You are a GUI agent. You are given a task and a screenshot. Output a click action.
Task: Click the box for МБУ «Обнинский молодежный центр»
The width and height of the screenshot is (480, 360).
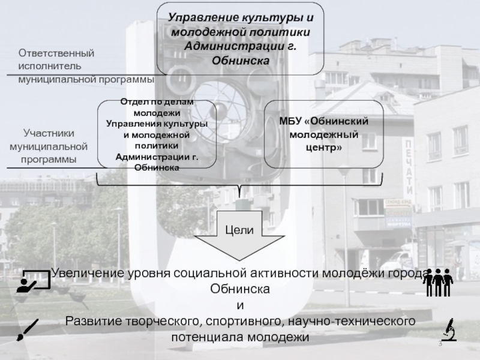coord(323,134)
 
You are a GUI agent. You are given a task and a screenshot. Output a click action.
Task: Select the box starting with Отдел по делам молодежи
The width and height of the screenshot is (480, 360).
coord(157,134)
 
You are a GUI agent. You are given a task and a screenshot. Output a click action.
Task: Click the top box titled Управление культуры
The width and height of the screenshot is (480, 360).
coord(240,38)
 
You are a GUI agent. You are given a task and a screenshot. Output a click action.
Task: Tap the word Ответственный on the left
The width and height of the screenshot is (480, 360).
coord(56,54)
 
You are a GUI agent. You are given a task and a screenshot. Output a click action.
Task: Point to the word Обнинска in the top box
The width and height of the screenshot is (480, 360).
coord(240,61)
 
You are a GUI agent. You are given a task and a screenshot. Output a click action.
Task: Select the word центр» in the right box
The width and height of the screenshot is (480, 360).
coord(323,146)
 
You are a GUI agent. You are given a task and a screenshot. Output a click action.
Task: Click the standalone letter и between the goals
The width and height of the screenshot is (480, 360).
coord(240,305)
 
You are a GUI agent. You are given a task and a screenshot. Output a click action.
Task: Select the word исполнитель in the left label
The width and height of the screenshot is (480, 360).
coord(47,66)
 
